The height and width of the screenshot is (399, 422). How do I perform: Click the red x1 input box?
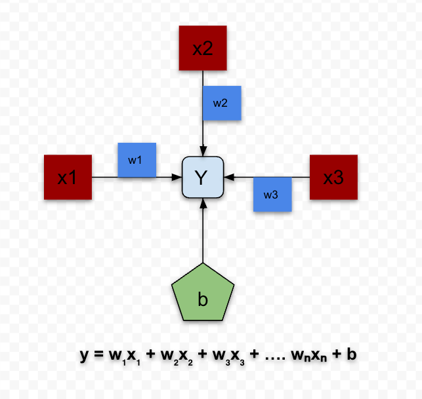(68, 177)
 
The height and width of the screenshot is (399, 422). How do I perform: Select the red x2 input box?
(203, 48)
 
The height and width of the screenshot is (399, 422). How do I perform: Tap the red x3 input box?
(333, 177)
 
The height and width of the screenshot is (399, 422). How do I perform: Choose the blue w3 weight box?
(272, 194)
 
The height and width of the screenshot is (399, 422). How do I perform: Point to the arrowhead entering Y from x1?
(178, 177)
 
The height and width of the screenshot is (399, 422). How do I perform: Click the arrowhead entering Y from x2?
(203, 152)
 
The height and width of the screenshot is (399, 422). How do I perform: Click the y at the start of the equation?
(84, 355)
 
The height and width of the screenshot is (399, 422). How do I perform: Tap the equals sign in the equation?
(98, 354)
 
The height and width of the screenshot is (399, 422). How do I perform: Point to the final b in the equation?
(351, 354)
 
